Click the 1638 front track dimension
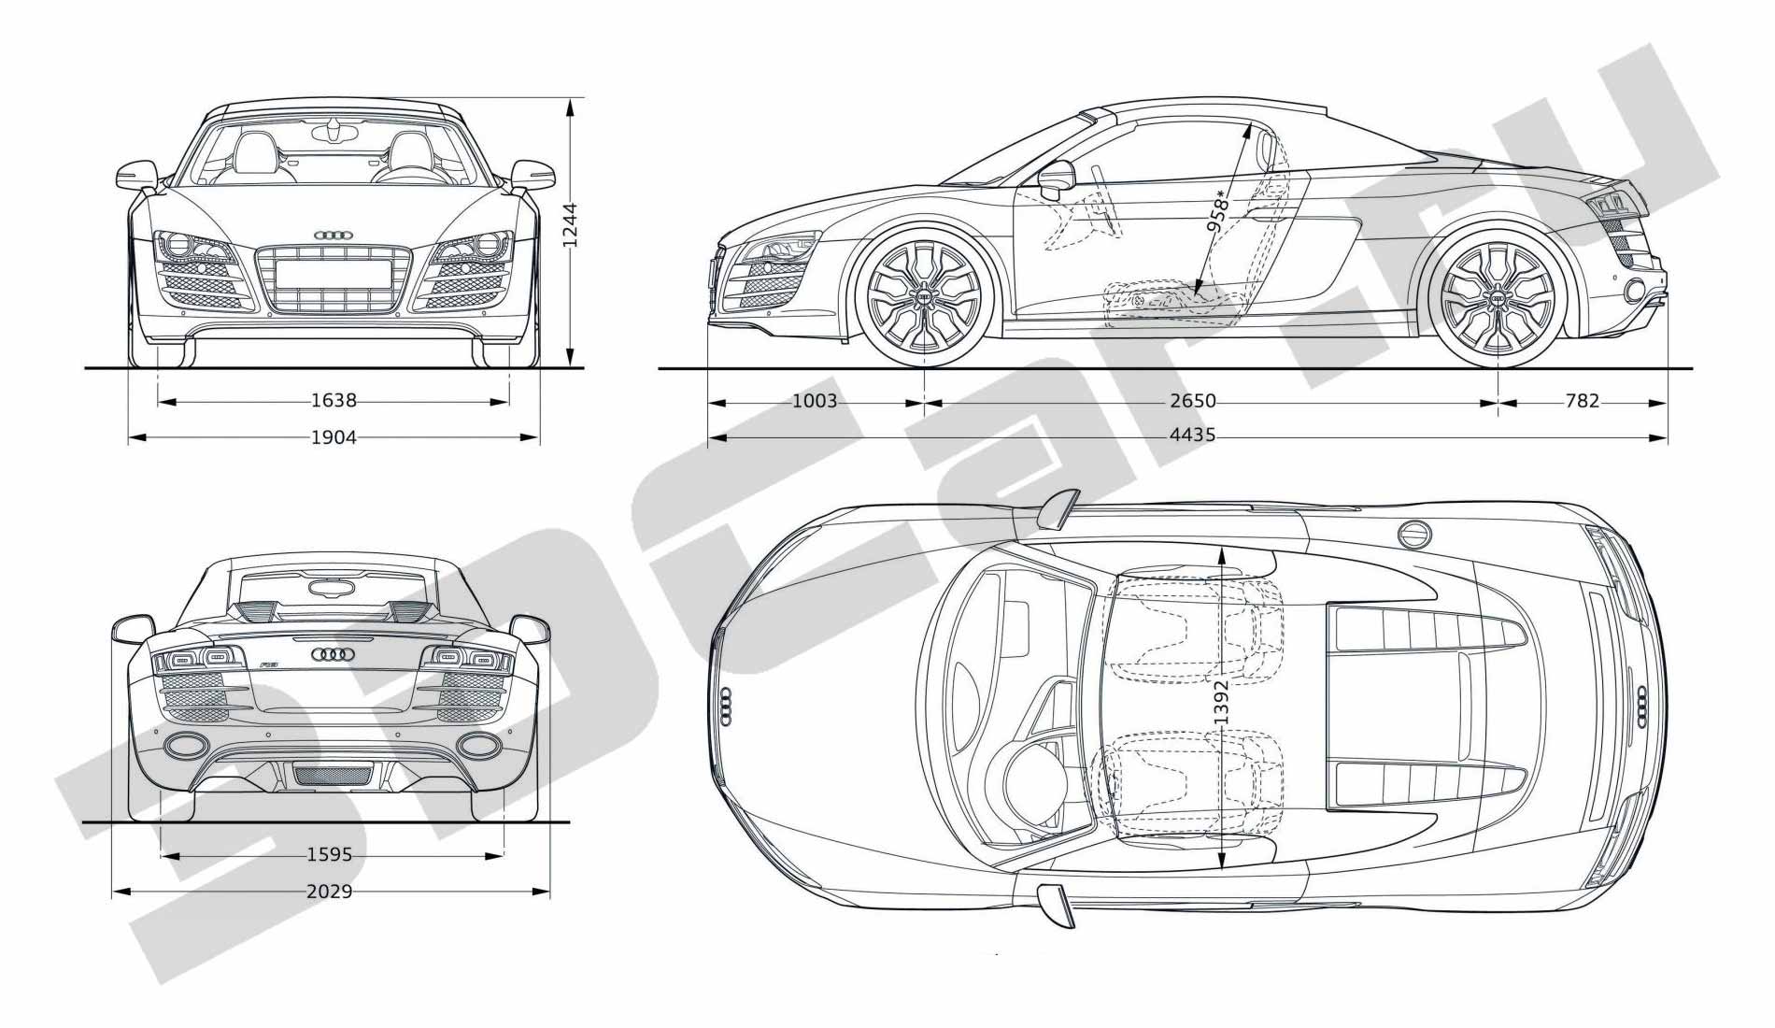tap(334, 401)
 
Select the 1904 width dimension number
tap(334, 436)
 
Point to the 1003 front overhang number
tap(815, 402)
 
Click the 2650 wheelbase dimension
tap(1193, 402)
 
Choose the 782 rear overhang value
tap(1582, 402)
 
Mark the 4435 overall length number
tap(1193, 435)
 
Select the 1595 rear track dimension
tap(330, 854)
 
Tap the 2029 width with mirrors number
tap(330, 892)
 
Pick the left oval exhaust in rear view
tap(186, 745)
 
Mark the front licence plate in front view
tap(334, 274)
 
